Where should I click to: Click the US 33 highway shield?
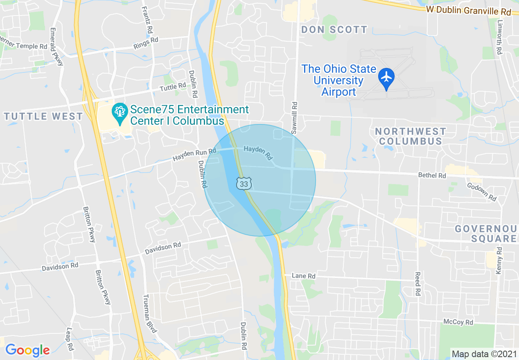pyautogui.click(x=244, y=184)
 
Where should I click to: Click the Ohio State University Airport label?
pyautogui.click(x=338, y=80)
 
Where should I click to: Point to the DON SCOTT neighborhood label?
pyautogui.click(x=334, y=29)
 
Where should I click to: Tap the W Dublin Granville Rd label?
pyautogui.click(x=468, y=10)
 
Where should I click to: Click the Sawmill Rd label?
pyautogui.click(x=295, y=118)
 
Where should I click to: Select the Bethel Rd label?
pyautogui.click(x=432, y=175)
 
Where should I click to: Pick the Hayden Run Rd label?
pyautogui.click(x=194, y=155)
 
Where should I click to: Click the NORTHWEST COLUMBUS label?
pyautogui.click(x=411, y=136)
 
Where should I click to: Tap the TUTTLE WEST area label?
pyautogui.click(x=44, y=116)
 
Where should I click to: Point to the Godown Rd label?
pyautogui.click(x=482, y=191)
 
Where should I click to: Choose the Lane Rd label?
pyautogui.click(x=303, y=276)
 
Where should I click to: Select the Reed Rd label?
pyautogui.click(x=417, y=284)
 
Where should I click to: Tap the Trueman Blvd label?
pyautogui.click(x=150, y=313)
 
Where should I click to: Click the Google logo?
pyautogui.click(x=27, y=350)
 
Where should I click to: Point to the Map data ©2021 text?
pyautogui.click(x=483, y=354)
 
